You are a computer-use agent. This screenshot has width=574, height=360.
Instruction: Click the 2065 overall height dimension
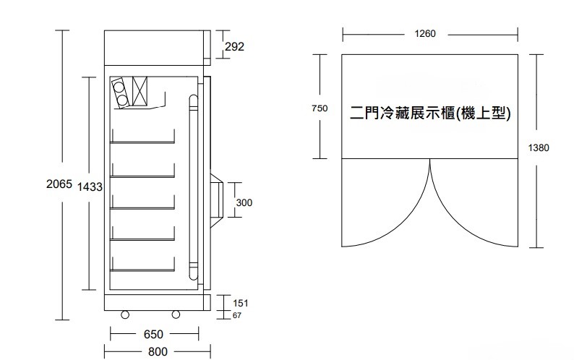click(59, 184)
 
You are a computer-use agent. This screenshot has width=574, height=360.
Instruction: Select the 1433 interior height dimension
click(90, 187)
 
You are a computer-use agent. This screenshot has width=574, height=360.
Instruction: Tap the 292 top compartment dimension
click(234, 46)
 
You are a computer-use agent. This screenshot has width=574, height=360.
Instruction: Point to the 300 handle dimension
click(244, 202)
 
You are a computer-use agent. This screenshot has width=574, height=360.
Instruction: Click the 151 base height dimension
click(241, 303)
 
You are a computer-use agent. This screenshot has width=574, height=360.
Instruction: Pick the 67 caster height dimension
click(237, 315)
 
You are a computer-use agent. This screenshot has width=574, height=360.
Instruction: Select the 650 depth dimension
click(153, 335)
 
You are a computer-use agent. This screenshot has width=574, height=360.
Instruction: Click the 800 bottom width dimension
click(158, 351)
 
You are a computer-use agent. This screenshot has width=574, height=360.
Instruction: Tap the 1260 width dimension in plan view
click(425, 34)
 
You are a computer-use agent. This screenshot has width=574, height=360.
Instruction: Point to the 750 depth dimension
click(320, 108)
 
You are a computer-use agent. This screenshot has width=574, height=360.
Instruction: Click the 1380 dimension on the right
click(539, 147)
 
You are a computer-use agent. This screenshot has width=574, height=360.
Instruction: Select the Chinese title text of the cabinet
click(430, 113)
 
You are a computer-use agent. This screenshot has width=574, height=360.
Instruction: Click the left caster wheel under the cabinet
click(125, 314)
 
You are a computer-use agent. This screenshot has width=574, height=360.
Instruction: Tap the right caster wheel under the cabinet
click(176, 314)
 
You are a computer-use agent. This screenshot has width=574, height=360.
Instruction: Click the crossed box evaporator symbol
click(140, 91)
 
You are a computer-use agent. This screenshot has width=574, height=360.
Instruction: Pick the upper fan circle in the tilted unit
click(119, 87)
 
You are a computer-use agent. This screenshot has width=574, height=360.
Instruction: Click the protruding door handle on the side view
click(217, 200)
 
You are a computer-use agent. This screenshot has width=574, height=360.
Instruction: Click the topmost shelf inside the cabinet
click(142, 142)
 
